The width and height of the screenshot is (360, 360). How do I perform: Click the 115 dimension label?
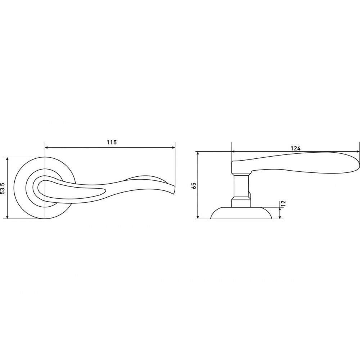click(112, 142)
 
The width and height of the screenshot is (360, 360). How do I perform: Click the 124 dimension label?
click(296, 148)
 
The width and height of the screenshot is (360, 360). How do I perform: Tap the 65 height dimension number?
click(194, 185)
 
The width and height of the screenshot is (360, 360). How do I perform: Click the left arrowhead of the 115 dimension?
click(46, 148)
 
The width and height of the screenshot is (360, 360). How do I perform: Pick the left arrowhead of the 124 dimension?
click(234, 152)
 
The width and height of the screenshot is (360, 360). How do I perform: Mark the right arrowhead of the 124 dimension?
click(357, 152)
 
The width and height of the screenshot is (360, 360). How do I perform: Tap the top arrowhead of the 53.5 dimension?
click(8, 159)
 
